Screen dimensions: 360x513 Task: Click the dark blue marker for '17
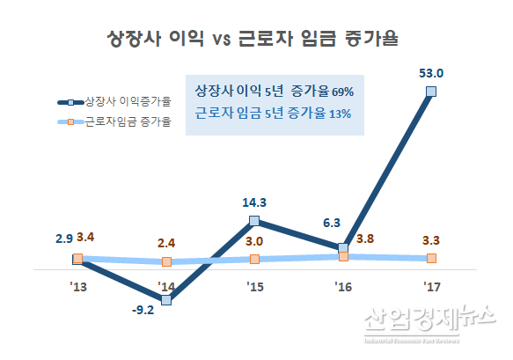(x=430, y=91)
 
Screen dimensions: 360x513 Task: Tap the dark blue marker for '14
(x=166, y=300)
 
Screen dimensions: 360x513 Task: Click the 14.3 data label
(x=254, y=202)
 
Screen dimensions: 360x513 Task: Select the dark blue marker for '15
(x=254, y=220)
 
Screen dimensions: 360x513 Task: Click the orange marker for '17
(x=431, y=258)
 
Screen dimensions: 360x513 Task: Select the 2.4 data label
(x=167, y=242)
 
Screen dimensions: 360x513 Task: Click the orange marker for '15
(x=254, y=259)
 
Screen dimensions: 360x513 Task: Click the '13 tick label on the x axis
(x=77, y=287)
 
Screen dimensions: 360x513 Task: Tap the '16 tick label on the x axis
(x=342, y=287)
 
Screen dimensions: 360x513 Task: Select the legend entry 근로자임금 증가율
(x=128, y=120)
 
